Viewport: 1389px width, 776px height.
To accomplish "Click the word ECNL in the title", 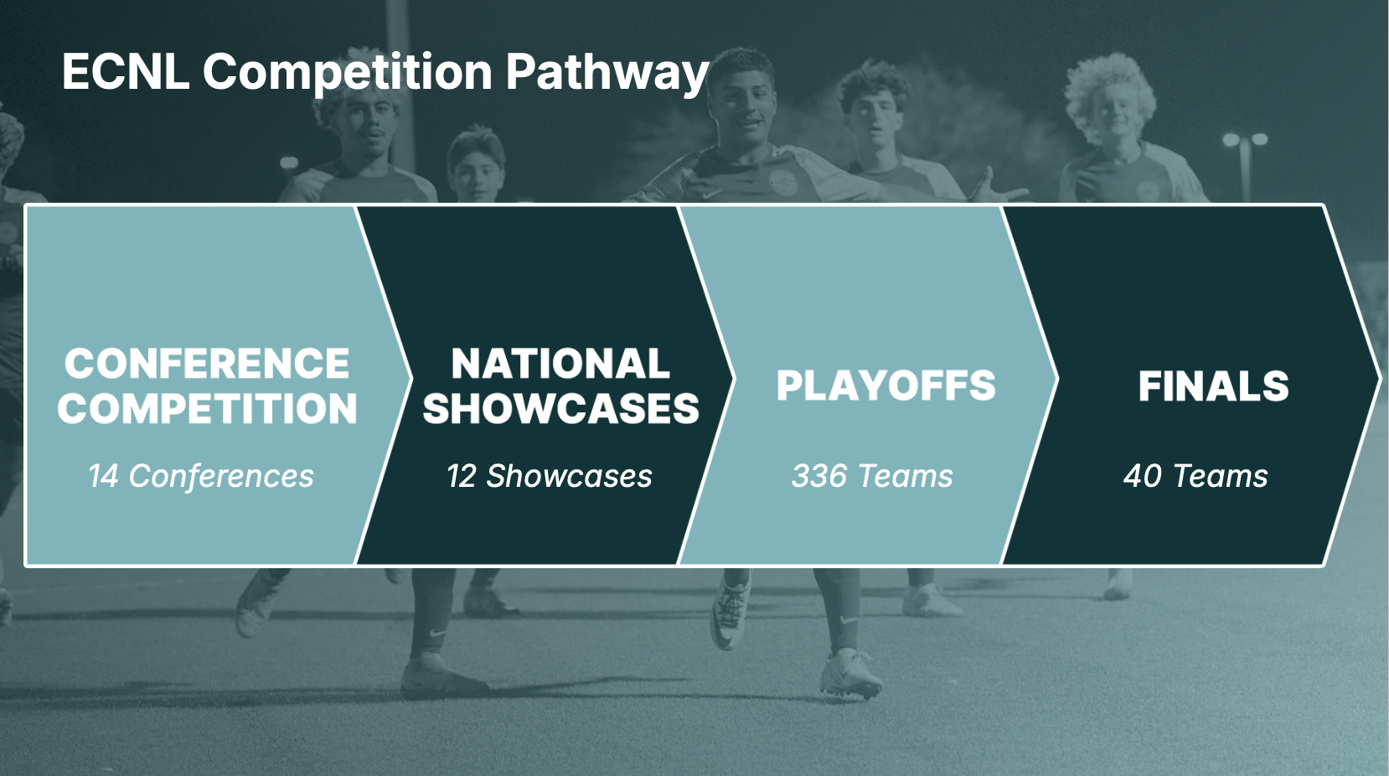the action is point(126,72).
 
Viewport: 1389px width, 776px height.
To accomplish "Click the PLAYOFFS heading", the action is point(886,385).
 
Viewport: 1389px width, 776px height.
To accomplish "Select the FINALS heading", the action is point(1214,385).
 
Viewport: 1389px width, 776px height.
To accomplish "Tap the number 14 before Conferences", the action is point(103,476).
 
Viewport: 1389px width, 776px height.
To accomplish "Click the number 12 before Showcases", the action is point(462,476).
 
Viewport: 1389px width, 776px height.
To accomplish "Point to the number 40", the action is point(1142,476).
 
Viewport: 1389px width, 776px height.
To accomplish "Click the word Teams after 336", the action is point(906,476).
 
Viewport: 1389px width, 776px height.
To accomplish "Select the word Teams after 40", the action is point(1221,476).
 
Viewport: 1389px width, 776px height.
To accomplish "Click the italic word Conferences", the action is point(221,476).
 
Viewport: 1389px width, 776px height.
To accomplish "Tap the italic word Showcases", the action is point(569,476).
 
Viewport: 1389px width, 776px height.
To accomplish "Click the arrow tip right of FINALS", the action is point(1381,379).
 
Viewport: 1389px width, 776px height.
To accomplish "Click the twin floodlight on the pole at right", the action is point(1245,139).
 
